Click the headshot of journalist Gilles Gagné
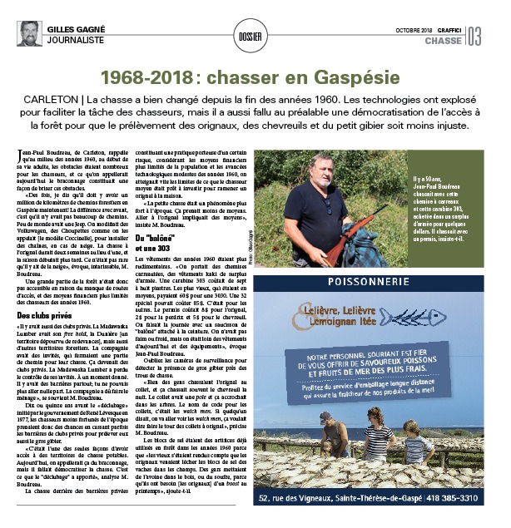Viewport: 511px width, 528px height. tap(28, 33)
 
